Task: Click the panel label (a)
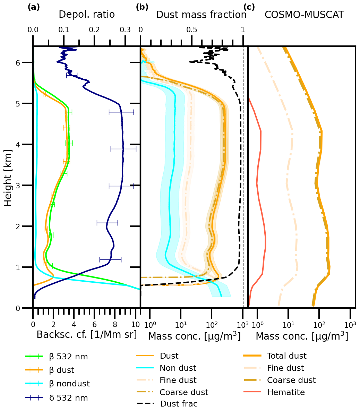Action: coord(34,7)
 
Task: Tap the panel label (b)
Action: coord(142,7)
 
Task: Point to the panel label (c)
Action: coord(249,7)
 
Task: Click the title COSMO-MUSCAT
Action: coord(304,15)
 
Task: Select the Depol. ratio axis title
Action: coord(87,14)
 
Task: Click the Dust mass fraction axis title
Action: coord(201,15)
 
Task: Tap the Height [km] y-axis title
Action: coord(8,178)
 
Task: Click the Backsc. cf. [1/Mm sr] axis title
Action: coord(87,334)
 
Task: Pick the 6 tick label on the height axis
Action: coord(18,63)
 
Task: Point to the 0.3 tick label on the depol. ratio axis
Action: coord(125,30)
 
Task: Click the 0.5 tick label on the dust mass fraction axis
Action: coord(192,30)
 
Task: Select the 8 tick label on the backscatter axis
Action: coord(115,325)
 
